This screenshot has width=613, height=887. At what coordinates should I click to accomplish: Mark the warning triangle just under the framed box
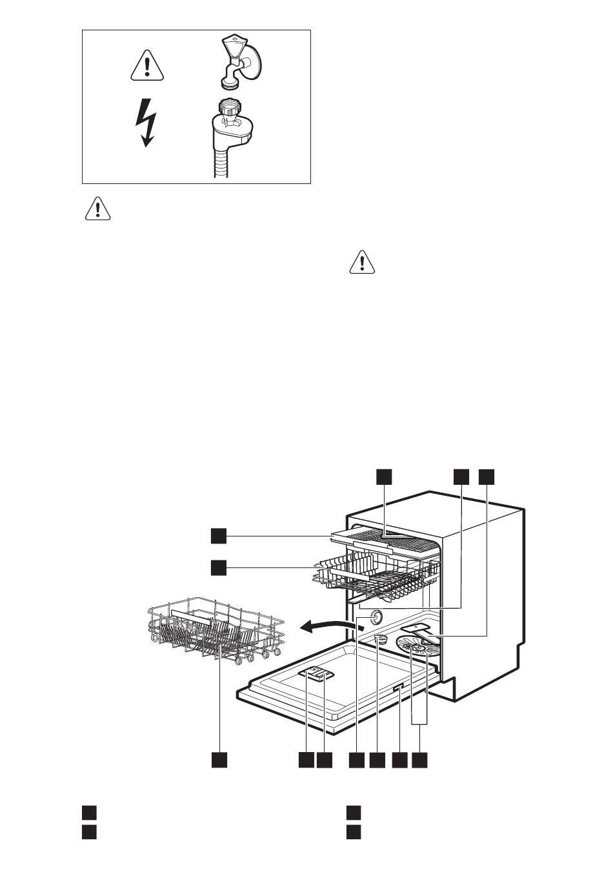[x=97, y=209]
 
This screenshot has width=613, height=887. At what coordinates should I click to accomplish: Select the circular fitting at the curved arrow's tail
[x=374, y=618]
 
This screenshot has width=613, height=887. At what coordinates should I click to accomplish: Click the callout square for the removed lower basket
[x=219, y=760]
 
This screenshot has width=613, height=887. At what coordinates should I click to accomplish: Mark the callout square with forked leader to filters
[x=420, y=760]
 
